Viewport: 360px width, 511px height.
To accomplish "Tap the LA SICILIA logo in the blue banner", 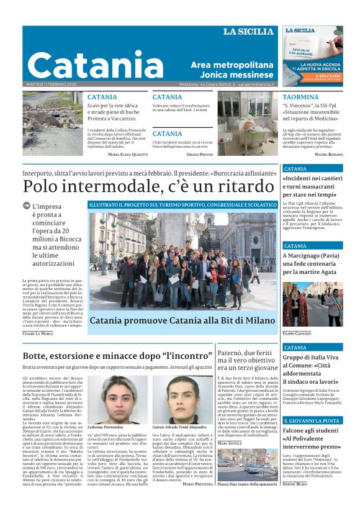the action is tap(248, 32).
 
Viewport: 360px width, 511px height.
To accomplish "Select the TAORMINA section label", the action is tap(300, 97).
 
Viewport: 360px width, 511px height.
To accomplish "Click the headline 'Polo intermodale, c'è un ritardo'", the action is tap(140, 186).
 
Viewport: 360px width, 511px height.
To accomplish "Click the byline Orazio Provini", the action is tap(199, 154).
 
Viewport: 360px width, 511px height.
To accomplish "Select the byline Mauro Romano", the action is tap(328, 154).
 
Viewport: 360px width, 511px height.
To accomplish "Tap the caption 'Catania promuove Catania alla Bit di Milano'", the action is tap(181, 321).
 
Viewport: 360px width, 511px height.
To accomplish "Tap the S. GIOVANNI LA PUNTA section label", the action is tap(312, 421).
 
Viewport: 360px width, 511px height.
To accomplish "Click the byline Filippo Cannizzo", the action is tap(297, 334).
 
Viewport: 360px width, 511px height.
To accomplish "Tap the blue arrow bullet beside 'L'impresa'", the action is tap(26, 206).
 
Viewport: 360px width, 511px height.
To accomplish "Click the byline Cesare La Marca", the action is tap(38, 333).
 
